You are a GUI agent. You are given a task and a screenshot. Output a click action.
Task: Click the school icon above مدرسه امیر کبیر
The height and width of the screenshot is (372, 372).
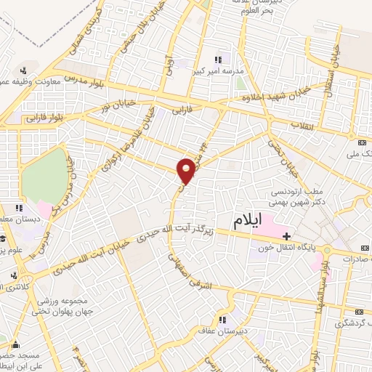(x=217, y=60)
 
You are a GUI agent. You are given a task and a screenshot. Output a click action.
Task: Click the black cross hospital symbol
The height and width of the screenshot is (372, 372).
(x=287, y=236)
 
